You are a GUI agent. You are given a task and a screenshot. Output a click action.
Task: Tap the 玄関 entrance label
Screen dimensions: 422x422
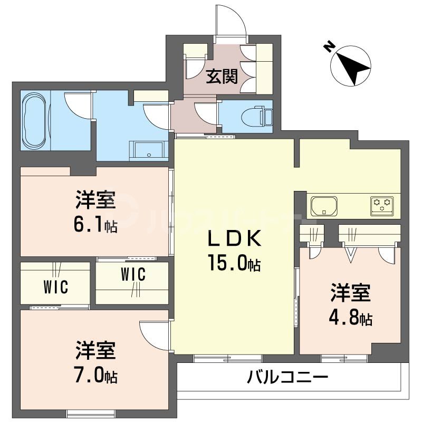tap(221, 76)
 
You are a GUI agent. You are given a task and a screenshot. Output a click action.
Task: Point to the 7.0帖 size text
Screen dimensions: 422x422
tap(95, 377)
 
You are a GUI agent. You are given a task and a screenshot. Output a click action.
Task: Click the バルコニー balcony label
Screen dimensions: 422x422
tap(288, 378)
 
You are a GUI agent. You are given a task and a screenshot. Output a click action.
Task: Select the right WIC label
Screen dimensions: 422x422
tap(133, 275)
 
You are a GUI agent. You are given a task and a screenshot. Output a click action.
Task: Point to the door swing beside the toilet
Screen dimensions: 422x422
tap(206, 112)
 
